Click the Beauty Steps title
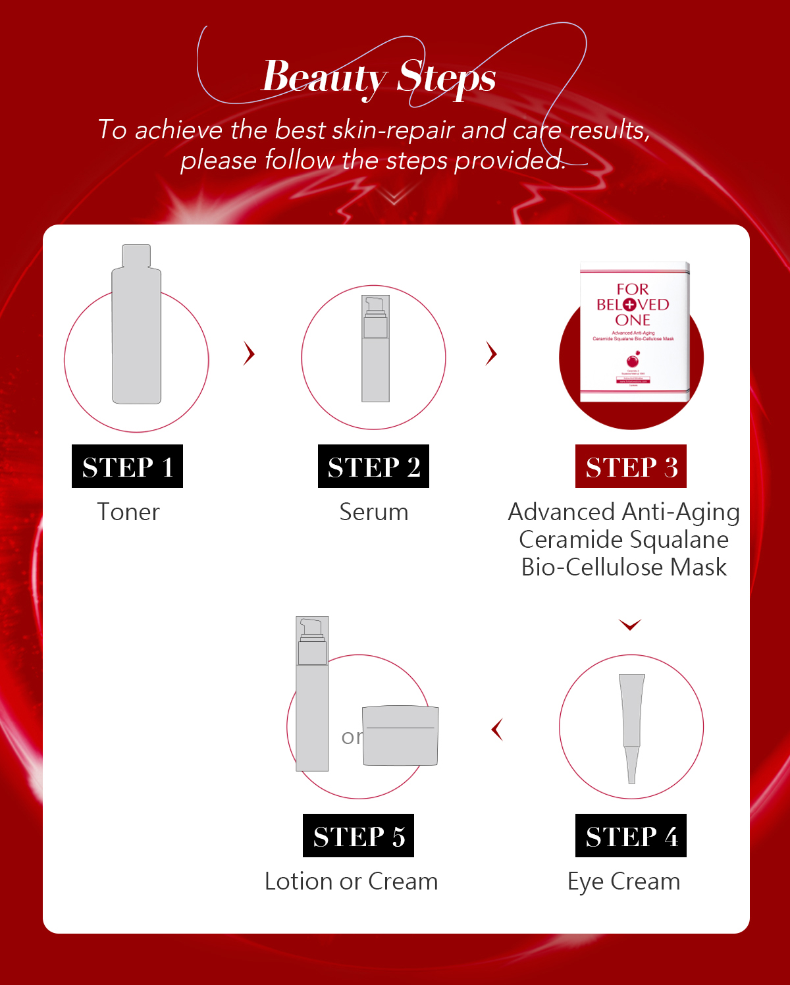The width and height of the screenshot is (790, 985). [379, 78]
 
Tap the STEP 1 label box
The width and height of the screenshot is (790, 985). [127, 466]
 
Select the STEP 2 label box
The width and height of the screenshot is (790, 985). [373, 466]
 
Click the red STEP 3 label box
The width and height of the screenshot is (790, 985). [631, 466]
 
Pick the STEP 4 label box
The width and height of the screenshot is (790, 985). [631, 836]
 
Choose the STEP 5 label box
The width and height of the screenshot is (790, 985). [358, 836]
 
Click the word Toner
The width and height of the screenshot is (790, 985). [128, 512]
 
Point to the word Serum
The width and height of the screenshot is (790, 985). [373, 512]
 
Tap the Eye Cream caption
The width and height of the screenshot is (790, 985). [623, 882]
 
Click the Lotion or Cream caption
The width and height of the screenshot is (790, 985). [351, 882]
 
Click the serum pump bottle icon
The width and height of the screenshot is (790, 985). [375, 349]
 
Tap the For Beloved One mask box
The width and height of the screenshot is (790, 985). [633, 333]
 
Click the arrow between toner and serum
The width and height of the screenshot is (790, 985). [249, 354]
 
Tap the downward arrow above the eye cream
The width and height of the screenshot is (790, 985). [630, 624]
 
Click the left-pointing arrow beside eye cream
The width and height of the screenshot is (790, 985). [498, 730]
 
